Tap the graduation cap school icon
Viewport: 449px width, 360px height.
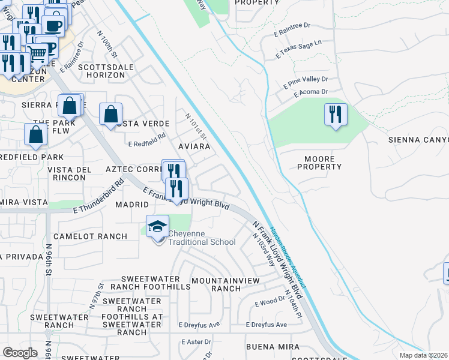157,227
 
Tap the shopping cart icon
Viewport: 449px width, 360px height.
37,55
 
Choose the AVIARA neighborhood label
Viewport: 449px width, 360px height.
194,146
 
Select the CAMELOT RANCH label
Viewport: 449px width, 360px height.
90,236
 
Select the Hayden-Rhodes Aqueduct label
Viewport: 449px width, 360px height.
288,257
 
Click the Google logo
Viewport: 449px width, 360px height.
20,353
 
